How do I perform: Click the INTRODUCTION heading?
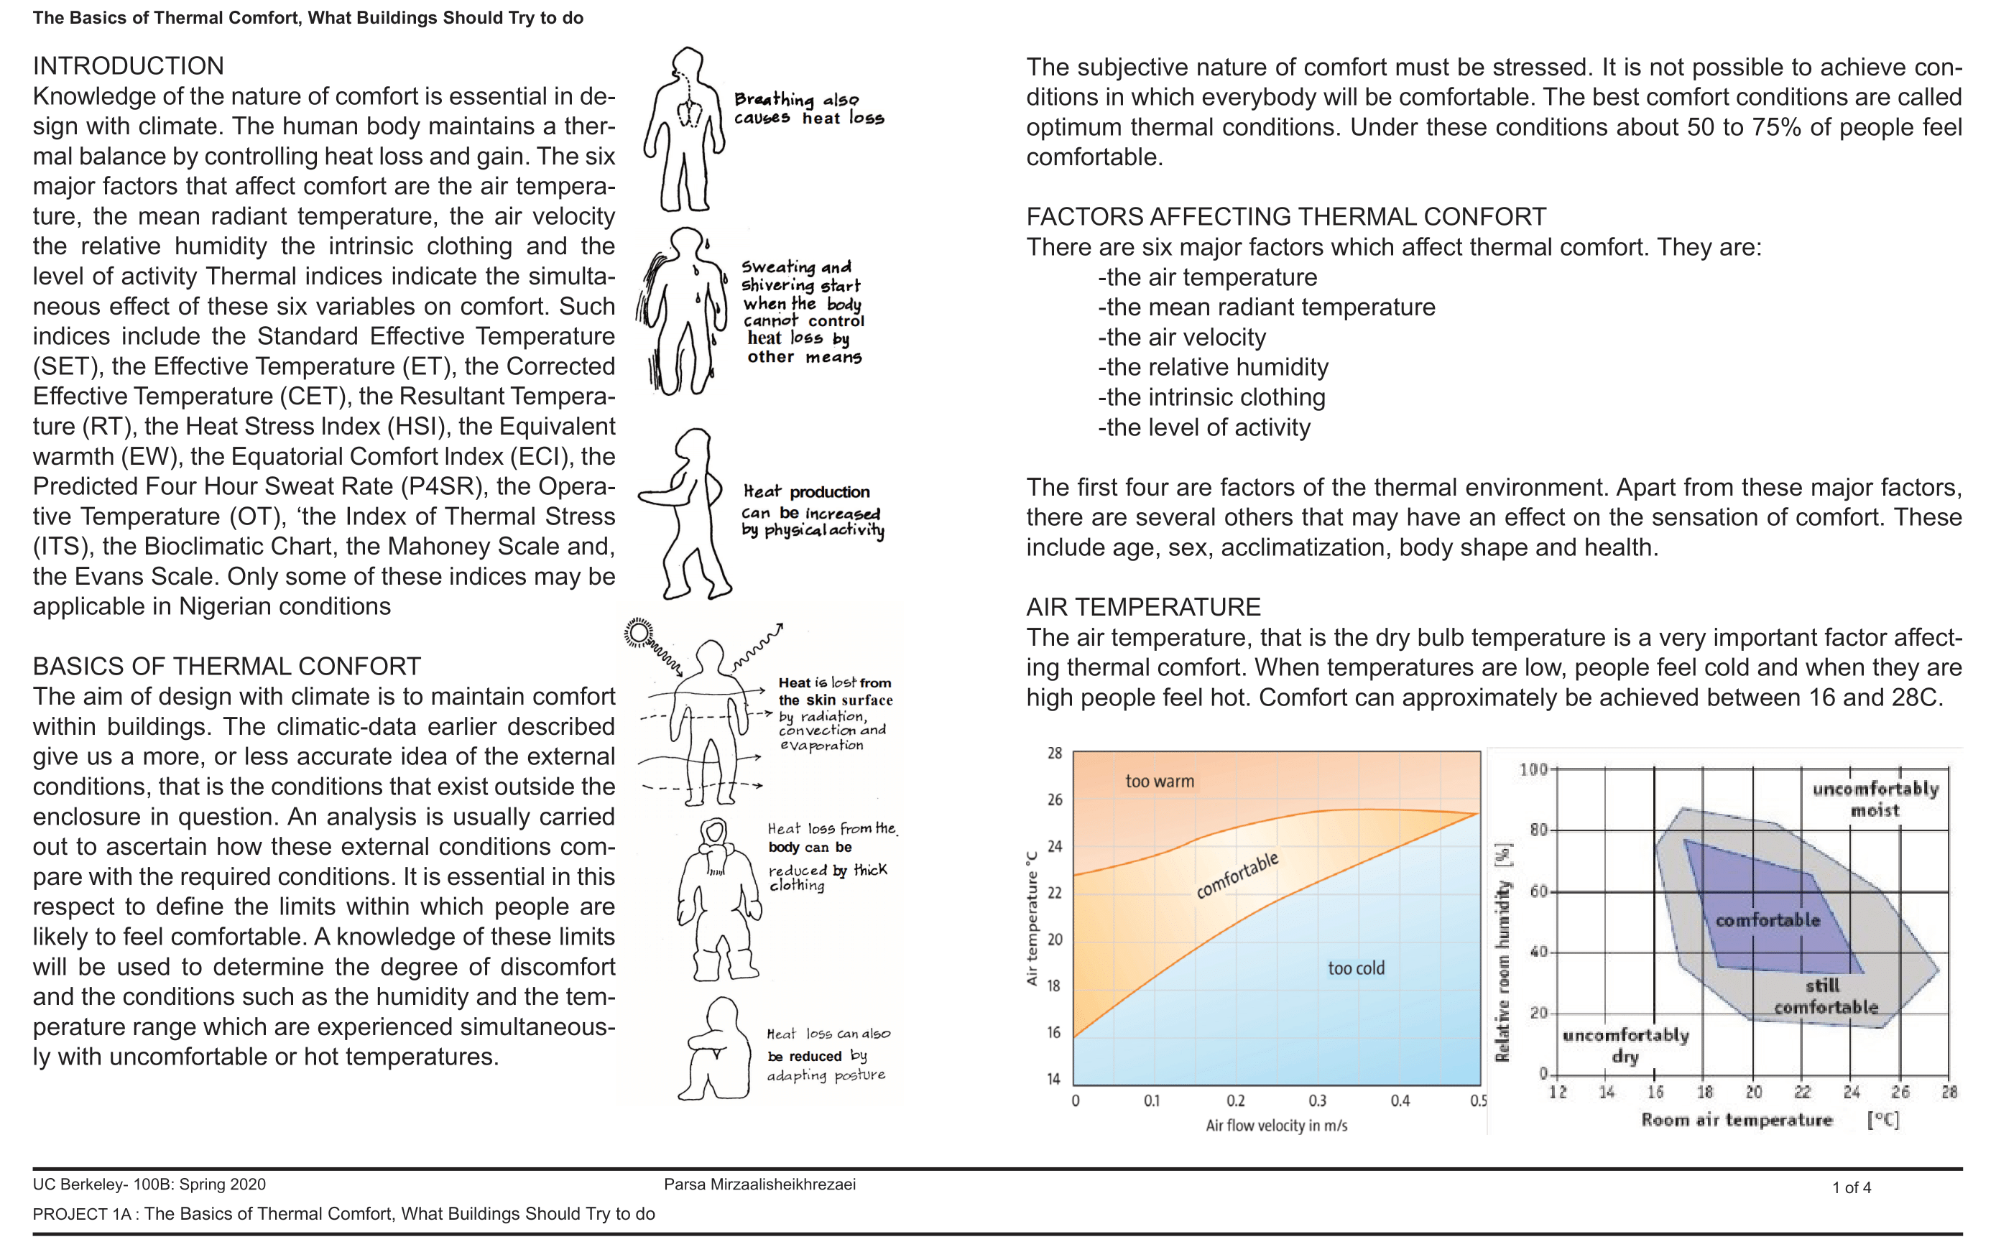128,66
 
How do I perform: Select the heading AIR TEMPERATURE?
1142,607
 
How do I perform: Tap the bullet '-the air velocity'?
1181,338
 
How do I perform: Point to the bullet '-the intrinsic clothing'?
1211,397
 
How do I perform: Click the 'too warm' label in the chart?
1159,781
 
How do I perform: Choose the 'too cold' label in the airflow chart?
1355,968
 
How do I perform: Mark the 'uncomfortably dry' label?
1625,1046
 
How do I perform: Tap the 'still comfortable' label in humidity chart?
1825,996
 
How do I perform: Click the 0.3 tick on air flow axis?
1317,1101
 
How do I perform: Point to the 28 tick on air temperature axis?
1055,753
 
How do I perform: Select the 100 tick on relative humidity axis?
1533,769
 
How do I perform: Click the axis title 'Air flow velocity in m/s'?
1276,1126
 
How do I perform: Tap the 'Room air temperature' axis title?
1736,1120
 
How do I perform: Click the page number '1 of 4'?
1851,1187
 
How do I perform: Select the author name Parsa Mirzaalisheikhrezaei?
759,1185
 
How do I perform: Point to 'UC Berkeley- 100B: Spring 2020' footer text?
149,1185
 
